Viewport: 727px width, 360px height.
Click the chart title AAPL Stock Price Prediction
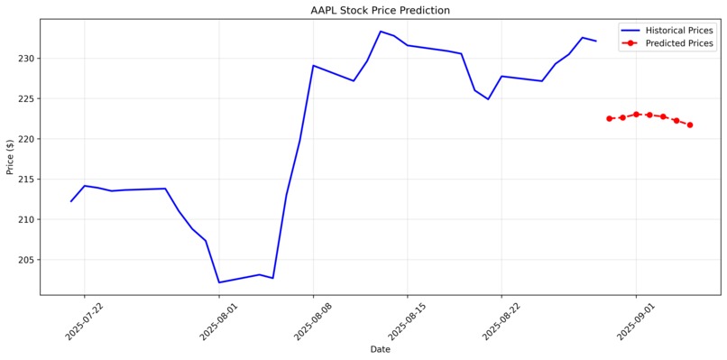pos(380,11)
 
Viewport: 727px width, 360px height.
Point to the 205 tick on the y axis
pos(25,260)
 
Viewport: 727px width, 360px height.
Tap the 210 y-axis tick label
pos(25,219)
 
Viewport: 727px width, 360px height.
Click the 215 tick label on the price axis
pos(25,180)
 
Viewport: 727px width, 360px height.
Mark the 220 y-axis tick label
pos(25,139)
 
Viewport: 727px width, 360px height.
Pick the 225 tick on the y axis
pos(25,99)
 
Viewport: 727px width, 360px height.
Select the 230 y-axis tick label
pos(25,59)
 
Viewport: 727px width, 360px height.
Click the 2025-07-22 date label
pos(84,320)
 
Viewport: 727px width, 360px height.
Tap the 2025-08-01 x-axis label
pos(218,320)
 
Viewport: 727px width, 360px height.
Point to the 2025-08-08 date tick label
pos(312,320)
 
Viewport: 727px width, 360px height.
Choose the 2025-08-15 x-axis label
pos(407,320)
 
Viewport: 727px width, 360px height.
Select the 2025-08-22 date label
pos(501,320)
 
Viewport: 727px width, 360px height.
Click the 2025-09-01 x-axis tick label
pos(635,320)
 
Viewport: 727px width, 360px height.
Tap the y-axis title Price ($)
pos(10,157)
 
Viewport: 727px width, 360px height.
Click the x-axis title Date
pos(380,349)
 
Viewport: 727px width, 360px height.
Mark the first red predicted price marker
pos(609,118)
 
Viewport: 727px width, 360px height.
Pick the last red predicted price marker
pos(690,125)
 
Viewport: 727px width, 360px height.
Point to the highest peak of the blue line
pos(381,32)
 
